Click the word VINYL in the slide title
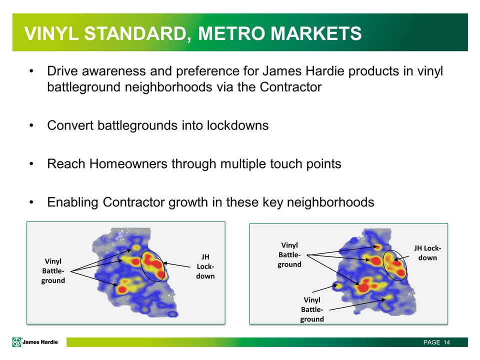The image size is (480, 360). point(51,33)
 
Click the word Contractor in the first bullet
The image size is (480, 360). point(290,87)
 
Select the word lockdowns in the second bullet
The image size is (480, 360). point(237,125)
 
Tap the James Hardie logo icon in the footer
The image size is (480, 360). point(16,342)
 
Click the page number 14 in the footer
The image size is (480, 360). point(446,342)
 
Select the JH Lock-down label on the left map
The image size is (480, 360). point(205,266)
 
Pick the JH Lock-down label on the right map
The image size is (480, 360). point(427,253)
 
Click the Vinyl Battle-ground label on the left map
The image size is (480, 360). point(53,271)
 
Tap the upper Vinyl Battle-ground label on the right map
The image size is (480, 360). point(289,254)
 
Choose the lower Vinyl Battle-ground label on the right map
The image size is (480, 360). point(312,309)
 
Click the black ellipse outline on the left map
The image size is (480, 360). point(141,263)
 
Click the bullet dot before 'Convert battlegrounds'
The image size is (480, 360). point(31,126)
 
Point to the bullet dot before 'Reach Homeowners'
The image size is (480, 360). point(31,164)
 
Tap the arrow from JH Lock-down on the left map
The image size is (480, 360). point(177,265)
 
